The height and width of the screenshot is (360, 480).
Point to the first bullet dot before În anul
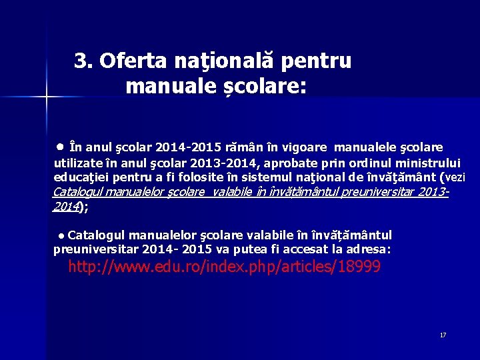pyautogui.click(x=60, y=145)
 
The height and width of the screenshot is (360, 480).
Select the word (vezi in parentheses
pyautogui.click(x=453, y=178)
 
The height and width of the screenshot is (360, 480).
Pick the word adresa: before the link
pyautogui.click(x=370, y=249)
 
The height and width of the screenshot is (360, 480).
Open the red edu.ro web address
pyautogui.click(x=224, y=267)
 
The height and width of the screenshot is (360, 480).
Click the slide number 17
pyautogui.click(x=443, y=335)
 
